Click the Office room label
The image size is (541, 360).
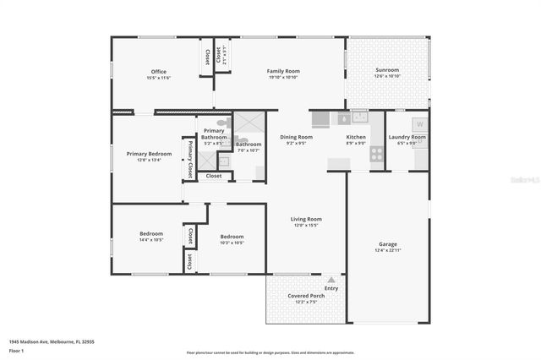tap(159, 72)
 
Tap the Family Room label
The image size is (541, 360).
tap(283, 72)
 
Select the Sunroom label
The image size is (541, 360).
tap(387, 71)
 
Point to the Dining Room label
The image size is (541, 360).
tap(296, 137)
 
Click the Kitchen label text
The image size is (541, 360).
tap(356, 137)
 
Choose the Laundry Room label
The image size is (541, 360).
tap(407, 137)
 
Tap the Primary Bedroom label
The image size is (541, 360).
tap(149, 154)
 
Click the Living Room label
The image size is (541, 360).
tap(308, 219)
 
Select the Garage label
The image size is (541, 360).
tap(388, 244)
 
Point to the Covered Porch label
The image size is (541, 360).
tap(302, 296)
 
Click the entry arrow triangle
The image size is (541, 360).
tap(331, 279)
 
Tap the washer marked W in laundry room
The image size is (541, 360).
tap(418, 123)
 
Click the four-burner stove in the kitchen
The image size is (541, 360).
tap(376, 154)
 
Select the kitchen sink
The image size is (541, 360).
tap(359, 117)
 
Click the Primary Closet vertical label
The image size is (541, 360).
tap(190, 159)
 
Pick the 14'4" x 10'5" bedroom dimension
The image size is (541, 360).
tap(151, 240)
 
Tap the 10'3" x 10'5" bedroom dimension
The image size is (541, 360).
tap(232, 243)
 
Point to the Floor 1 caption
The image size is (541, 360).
tap(16, 350)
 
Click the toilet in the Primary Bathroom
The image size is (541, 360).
tap(222, 123)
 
